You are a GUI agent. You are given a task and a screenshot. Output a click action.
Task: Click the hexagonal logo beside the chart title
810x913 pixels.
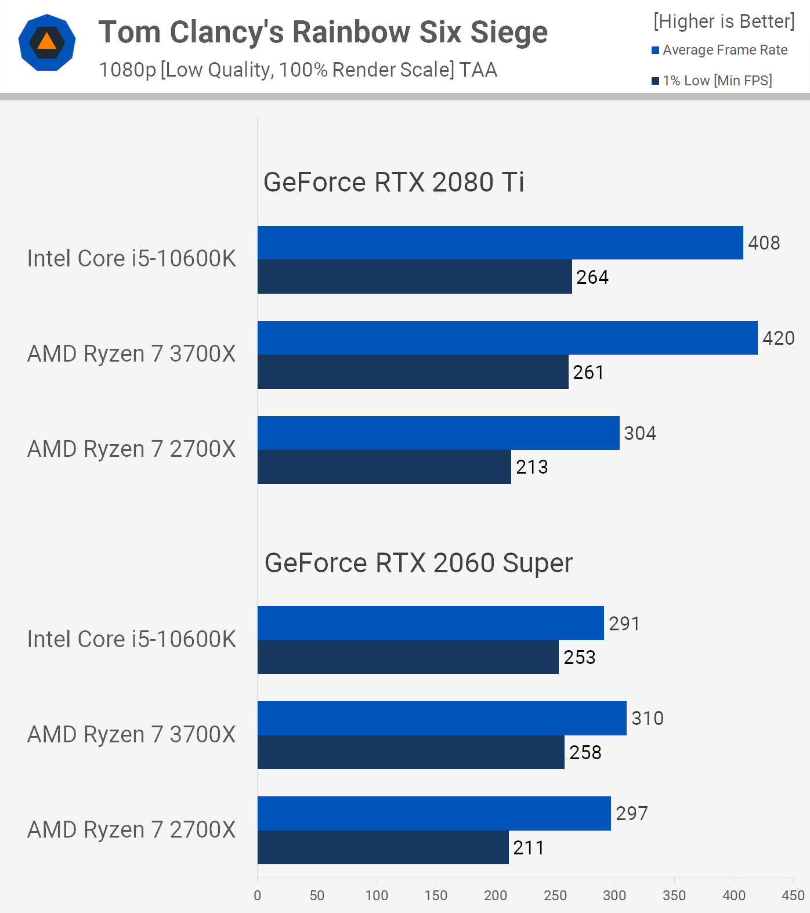(47, 42)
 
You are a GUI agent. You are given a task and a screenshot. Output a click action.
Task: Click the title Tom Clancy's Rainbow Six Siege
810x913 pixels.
(323, 32)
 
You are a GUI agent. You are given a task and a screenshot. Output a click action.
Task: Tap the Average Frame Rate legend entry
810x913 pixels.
(719, 50)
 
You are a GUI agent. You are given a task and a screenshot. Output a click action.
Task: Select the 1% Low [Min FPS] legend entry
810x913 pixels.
(712, 81)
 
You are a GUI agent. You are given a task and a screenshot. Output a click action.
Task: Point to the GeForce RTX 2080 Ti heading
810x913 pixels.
(393, 182)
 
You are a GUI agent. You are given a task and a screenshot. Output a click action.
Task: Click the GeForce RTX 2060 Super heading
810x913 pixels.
(418, 563)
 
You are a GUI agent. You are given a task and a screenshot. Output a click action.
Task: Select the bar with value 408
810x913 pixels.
(500, 243)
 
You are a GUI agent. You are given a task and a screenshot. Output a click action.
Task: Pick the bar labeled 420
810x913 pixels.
(507, 338)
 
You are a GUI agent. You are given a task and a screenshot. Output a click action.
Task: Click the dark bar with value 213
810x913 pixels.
(384, 467)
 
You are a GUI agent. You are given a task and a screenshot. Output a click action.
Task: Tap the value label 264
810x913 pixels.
(592, 277)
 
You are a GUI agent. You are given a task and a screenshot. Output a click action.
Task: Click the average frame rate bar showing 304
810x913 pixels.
(438, 433)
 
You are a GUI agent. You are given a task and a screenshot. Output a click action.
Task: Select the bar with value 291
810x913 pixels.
(431, 623)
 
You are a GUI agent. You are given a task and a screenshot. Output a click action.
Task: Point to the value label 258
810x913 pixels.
(585, 752)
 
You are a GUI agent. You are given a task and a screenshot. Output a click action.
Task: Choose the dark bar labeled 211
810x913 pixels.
(383, 847)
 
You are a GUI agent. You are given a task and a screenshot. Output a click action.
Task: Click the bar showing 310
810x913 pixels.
(442, 718)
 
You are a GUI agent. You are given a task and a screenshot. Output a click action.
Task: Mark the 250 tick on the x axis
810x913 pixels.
(555, 896)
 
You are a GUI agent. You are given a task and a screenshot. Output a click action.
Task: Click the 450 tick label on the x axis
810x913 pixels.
(793, 896)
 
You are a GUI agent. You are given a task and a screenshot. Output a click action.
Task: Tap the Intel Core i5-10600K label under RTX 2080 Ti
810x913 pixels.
(132, 259)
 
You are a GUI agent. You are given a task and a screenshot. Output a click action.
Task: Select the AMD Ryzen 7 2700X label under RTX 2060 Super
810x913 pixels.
(132, 830)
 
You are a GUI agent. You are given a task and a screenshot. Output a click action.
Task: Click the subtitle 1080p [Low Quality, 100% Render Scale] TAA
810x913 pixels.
(298, 70)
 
